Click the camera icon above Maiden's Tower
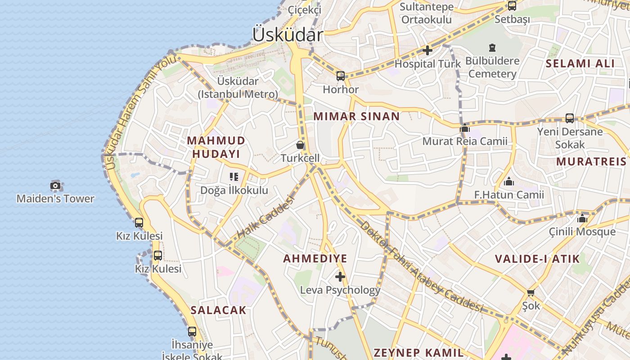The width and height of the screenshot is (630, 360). [55, 185]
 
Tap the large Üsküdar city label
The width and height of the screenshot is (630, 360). [288, 35]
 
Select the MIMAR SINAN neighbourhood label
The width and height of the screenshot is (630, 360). [356, 116]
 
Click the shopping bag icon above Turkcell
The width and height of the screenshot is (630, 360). [300, 145]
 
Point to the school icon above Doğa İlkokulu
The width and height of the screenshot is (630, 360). [234, 177]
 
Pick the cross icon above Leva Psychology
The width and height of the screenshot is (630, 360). [340, 276]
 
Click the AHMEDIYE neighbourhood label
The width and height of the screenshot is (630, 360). [315, 258]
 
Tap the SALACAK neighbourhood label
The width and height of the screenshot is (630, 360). [218, 310]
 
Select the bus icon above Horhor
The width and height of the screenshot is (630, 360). [341, 76]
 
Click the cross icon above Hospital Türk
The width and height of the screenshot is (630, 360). [427, 50]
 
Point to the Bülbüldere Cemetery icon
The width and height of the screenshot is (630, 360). [492, 48]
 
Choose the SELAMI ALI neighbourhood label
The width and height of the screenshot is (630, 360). [580, 63]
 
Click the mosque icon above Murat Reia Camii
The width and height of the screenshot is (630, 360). [465, 129]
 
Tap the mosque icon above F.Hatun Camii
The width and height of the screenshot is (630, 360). [509, 182]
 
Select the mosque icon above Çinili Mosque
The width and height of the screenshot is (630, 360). [582, 219]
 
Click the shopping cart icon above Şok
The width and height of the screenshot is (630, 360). [531, 292]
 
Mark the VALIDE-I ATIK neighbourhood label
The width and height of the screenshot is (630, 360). [537, 259]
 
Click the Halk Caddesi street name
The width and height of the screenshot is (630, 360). [265, 217]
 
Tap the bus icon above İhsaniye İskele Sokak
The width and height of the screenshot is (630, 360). [192, 332]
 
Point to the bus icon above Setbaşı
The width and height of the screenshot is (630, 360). [512, 6]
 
